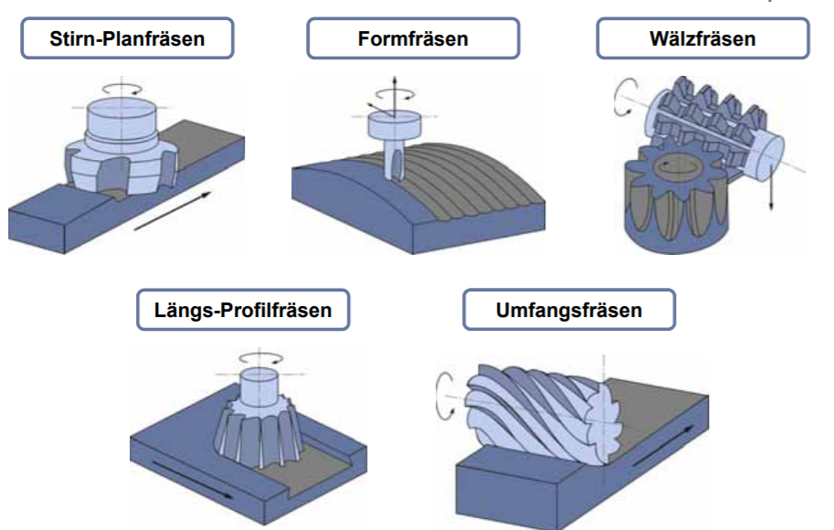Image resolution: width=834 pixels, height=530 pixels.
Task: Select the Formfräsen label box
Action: tap(412, 38)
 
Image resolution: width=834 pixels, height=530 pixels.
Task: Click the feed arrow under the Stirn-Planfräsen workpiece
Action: tap(174, 210)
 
